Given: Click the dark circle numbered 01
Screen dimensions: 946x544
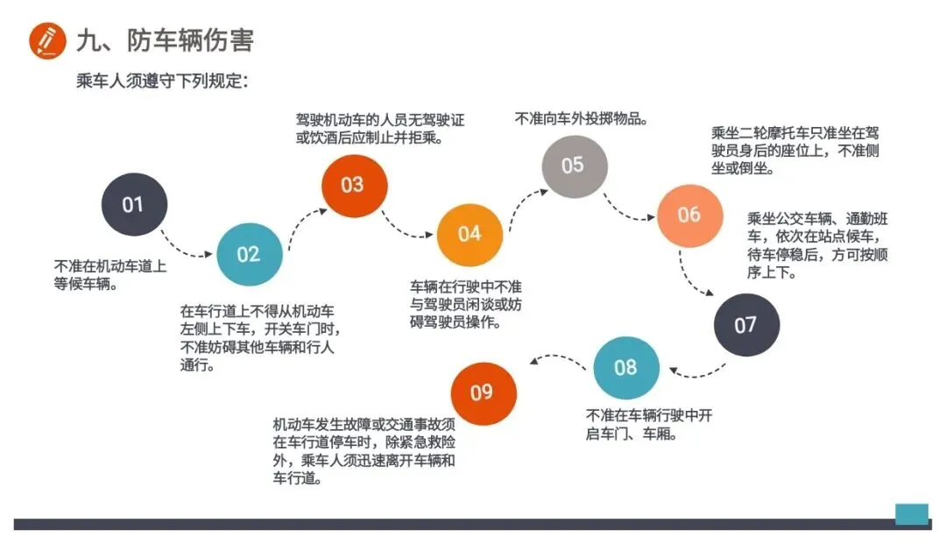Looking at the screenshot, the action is pyautogui.click(x=132, y=205).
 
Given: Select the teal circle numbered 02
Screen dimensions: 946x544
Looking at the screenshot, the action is pyautogui.click(x=249, y=254).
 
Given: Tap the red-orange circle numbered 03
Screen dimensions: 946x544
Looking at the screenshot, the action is pyautogui.click(x=352, y=185).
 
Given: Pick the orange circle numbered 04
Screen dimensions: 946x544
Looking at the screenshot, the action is pyautogui.click(x=469, y=233).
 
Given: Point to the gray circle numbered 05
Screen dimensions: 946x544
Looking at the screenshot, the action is pyautogui.click(x=573, y=165).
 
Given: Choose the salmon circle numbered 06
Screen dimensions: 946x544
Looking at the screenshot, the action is pyautogui.click(x=689, y=215).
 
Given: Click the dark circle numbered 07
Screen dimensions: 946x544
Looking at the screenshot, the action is pyautogui.click(x=745, y=325).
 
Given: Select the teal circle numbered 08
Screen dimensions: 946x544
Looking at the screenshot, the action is pyautogui.click(x=625, y=367).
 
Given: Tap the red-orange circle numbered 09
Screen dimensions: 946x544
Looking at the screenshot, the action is pyautogui.click(x=482, y=392).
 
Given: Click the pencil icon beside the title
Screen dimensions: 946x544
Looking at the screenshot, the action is pyautogui.click(x=47, y=40).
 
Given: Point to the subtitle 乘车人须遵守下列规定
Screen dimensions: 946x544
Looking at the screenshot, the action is pyautogui.click(x=162, y=81).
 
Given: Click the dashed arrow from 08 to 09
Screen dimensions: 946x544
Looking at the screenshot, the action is pyautogui.click(x=557, y=359).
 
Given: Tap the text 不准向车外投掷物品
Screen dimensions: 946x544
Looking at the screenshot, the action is pyautogui.click(x=582, y=117).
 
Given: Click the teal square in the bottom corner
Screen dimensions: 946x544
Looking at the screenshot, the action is pyautogui.click(x=911, y=513).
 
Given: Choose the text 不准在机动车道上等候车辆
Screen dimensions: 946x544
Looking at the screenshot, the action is pyautogui.click(x=110, y=274).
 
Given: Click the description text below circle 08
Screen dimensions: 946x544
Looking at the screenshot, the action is pyautogui.click(x=648, y=424).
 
